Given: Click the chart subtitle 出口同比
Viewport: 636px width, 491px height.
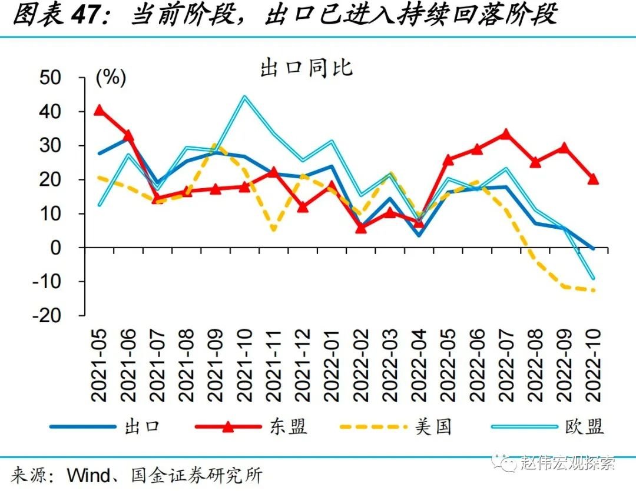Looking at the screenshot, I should pos(306,68).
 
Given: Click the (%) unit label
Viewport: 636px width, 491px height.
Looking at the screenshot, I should pos(111,78).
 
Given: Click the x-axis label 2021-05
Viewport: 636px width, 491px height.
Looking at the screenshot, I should pos(99,365).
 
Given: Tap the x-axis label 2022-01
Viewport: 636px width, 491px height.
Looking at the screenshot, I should pos(331,365).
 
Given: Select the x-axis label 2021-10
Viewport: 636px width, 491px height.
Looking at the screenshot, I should pos(244,365).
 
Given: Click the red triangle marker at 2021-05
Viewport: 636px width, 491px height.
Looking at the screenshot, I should pos(99,110).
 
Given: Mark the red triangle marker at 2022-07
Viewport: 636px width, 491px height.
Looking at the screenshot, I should pos(505,135).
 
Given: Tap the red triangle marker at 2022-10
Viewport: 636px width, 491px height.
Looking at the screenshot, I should pos(592,179).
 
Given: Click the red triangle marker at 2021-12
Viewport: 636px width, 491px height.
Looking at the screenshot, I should pos(302,207).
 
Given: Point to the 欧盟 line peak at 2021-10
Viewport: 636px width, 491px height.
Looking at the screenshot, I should pos(244,97).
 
